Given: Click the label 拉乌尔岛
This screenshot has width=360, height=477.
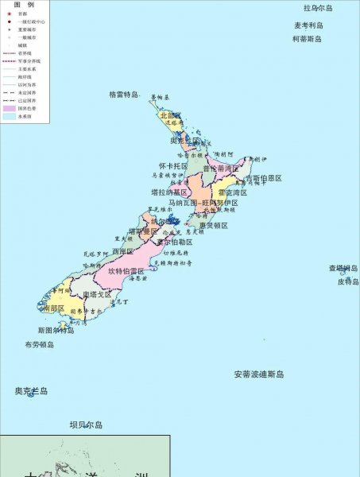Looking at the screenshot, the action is coord(318,8).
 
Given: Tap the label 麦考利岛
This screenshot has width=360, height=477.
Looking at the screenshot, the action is coord(310,25).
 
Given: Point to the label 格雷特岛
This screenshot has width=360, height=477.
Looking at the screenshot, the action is coord(125,94).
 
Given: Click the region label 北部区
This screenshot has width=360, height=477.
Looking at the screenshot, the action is coord(171,116).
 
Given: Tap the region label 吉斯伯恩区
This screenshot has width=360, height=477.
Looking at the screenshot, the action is coord(263,178).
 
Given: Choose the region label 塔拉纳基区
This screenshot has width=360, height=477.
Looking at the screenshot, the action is coord(169,192).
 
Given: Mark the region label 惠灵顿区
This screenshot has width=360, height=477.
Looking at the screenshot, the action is coord(214,226).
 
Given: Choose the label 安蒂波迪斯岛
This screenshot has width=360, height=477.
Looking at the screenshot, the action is coord(258,374).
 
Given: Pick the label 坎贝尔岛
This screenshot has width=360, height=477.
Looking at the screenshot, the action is coord(86,425).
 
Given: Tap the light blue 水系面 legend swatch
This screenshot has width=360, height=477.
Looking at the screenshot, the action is coord(9,116).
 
